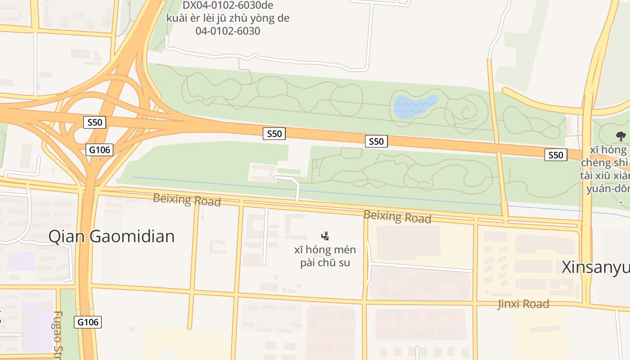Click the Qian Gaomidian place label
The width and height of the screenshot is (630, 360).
pos(111,236)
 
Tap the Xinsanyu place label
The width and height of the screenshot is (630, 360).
pos(595,267)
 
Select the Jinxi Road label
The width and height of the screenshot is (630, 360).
pos(523,304)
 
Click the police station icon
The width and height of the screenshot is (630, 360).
pos(325,236)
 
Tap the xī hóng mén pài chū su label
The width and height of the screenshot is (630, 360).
pos(325,256)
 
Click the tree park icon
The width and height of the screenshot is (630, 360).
pos(621,136)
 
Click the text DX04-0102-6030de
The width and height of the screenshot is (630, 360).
pos(228,5)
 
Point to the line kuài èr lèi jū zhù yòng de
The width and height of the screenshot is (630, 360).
pos(228,18)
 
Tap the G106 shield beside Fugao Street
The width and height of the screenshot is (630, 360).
pos(88,322)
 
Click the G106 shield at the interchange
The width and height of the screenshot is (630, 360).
pos(99,149)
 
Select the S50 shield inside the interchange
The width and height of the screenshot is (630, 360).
pos(94,122)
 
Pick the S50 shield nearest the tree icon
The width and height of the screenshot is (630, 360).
pos(555,155)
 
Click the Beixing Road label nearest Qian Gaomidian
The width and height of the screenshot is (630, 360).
pos(187,199)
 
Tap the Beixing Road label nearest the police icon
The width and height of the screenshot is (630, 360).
pos(397,216)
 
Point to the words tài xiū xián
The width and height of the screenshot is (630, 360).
pos(605,175)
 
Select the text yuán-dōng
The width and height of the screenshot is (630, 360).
pos(607,189)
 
